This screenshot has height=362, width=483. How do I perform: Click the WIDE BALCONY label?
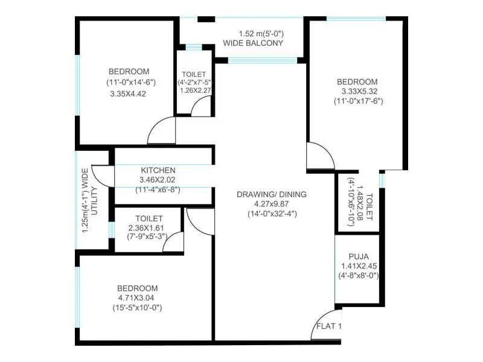tap(253, 43)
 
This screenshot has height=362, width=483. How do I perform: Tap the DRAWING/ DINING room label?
tap(272, 194)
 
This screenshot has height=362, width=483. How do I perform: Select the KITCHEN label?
tap(158, 170)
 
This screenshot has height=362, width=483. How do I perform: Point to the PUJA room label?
tap(358, 255)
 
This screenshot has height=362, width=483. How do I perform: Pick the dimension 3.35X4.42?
tap(129, 94)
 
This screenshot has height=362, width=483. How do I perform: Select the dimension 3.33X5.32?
tap(357, 91)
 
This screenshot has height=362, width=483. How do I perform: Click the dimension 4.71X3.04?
tap(137, 298)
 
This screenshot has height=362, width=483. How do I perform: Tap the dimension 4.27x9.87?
tap(272, 204)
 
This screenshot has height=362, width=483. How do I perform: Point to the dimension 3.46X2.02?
tap(158, 180)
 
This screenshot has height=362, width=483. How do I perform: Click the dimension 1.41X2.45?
tap(358, 265)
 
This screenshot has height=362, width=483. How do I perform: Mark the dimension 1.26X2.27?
tap(194, 91)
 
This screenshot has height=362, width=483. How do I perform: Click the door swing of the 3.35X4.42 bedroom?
tap(161, 132)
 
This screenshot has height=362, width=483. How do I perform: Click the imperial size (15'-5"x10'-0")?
tap(137, 308)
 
